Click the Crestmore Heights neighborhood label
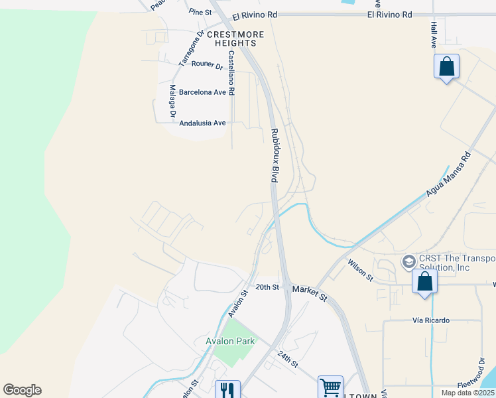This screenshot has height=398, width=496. [235, 38]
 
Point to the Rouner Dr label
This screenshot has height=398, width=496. [207, 64]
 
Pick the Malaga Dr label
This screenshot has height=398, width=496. [172, 101]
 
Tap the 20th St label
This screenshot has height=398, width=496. [267, 287]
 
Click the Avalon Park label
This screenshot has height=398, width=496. [230, 341]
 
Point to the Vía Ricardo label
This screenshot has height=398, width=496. [431, 320]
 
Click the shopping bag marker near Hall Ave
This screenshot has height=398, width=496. [447, 67]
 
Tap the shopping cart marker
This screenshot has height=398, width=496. [330, 387]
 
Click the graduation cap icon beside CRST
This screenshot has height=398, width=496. [408, 260]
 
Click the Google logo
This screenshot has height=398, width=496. [22, 390]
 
